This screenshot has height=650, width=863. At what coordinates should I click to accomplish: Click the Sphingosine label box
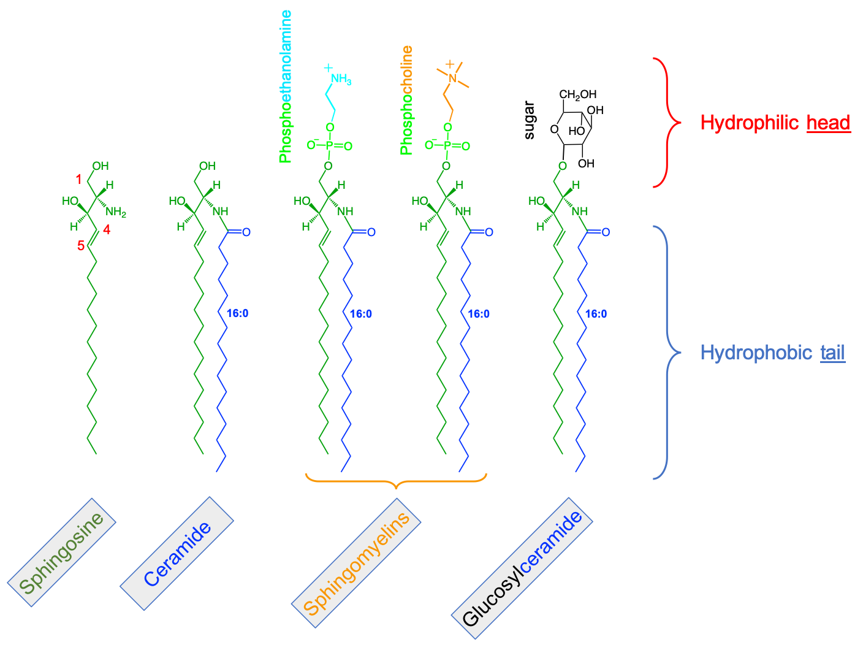coord(61,552)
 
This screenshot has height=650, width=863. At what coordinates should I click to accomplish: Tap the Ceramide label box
coord(177,554)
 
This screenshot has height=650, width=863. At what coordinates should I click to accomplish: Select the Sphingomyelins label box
coord(356,563)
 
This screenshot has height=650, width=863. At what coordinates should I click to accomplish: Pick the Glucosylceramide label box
coord(522,562)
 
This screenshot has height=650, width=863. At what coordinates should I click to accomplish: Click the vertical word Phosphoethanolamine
coord(285,86)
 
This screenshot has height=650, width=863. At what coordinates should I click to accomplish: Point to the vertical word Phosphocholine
coord(406,100)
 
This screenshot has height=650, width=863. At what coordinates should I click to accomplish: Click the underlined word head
coord(828,123)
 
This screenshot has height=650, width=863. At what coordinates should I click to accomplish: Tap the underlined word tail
coord(832,353)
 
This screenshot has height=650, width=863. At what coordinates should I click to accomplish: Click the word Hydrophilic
coord(749,123)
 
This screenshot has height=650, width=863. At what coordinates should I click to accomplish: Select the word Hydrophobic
coord(756,353)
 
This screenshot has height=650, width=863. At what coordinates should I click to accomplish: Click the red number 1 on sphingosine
coord(78,179)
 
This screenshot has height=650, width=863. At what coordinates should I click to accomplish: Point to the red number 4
coord(107,230)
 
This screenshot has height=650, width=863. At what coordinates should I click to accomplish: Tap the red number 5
coord(80,246)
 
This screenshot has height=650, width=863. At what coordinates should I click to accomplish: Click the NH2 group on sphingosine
coord(115,212)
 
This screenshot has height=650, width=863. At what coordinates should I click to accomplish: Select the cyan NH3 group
coord(341,79)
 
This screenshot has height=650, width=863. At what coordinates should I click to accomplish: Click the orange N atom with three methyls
coord(452,78)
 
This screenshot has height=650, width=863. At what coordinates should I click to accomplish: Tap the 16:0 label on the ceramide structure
coord(237,313)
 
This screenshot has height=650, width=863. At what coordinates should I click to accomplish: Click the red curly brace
coord(666,123)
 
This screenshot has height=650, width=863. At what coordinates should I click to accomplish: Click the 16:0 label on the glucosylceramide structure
coord(596,314)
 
